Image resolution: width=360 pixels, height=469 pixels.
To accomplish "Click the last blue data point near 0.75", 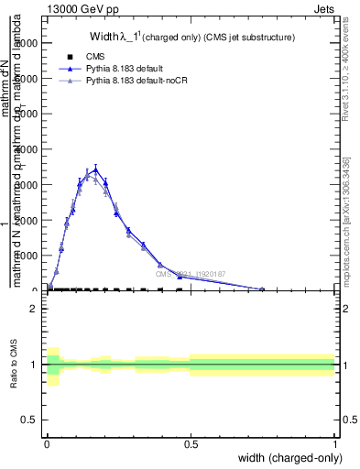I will [x=262, y=289].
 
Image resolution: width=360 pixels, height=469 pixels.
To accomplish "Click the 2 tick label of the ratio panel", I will [x=34, y=310].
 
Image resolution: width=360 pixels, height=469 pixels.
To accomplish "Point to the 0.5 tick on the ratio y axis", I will [x=28, y=420].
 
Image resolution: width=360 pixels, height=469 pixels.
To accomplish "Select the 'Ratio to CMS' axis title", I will [x=15, y=365].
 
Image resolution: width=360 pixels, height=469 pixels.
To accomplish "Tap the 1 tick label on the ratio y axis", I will [x=34, y=365].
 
